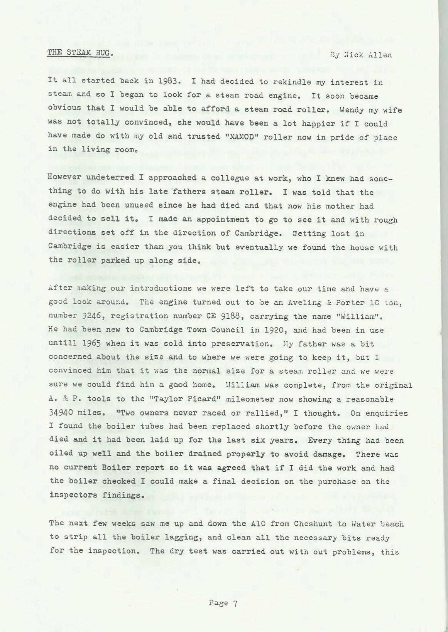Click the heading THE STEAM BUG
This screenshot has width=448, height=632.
[80, 53]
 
